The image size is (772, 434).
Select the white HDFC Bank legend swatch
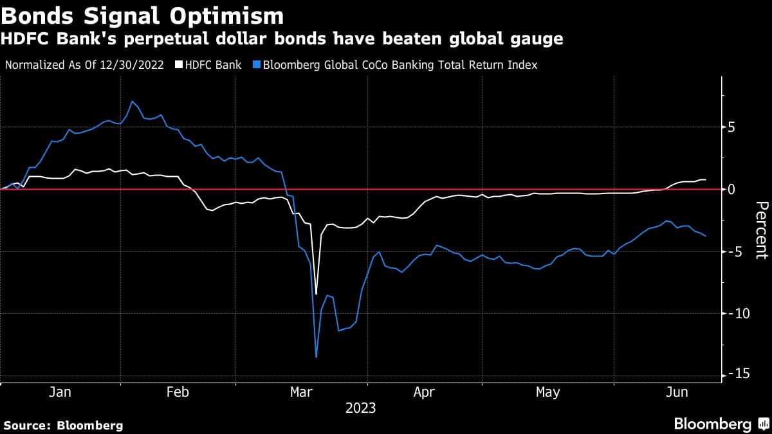tap(181, 65)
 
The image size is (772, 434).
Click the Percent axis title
tap(761, 230)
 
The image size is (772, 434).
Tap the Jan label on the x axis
tap(60, 392)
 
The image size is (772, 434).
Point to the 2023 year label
tap(361, 408)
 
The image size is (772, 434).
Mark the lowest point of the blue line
tap(317, 357)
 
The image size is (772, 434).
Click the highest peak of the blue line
tap(132, 101)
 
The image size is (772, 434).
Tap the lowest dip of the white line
tap(317, 294)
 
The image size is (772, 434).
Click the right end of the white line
tap(706, 179)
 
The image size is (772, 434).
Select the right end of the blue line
tap(706, 236)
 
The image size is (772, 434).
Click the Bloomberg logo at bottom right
tap(721, 424)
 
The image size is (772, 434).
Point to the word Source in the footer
tap(26, 425)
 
